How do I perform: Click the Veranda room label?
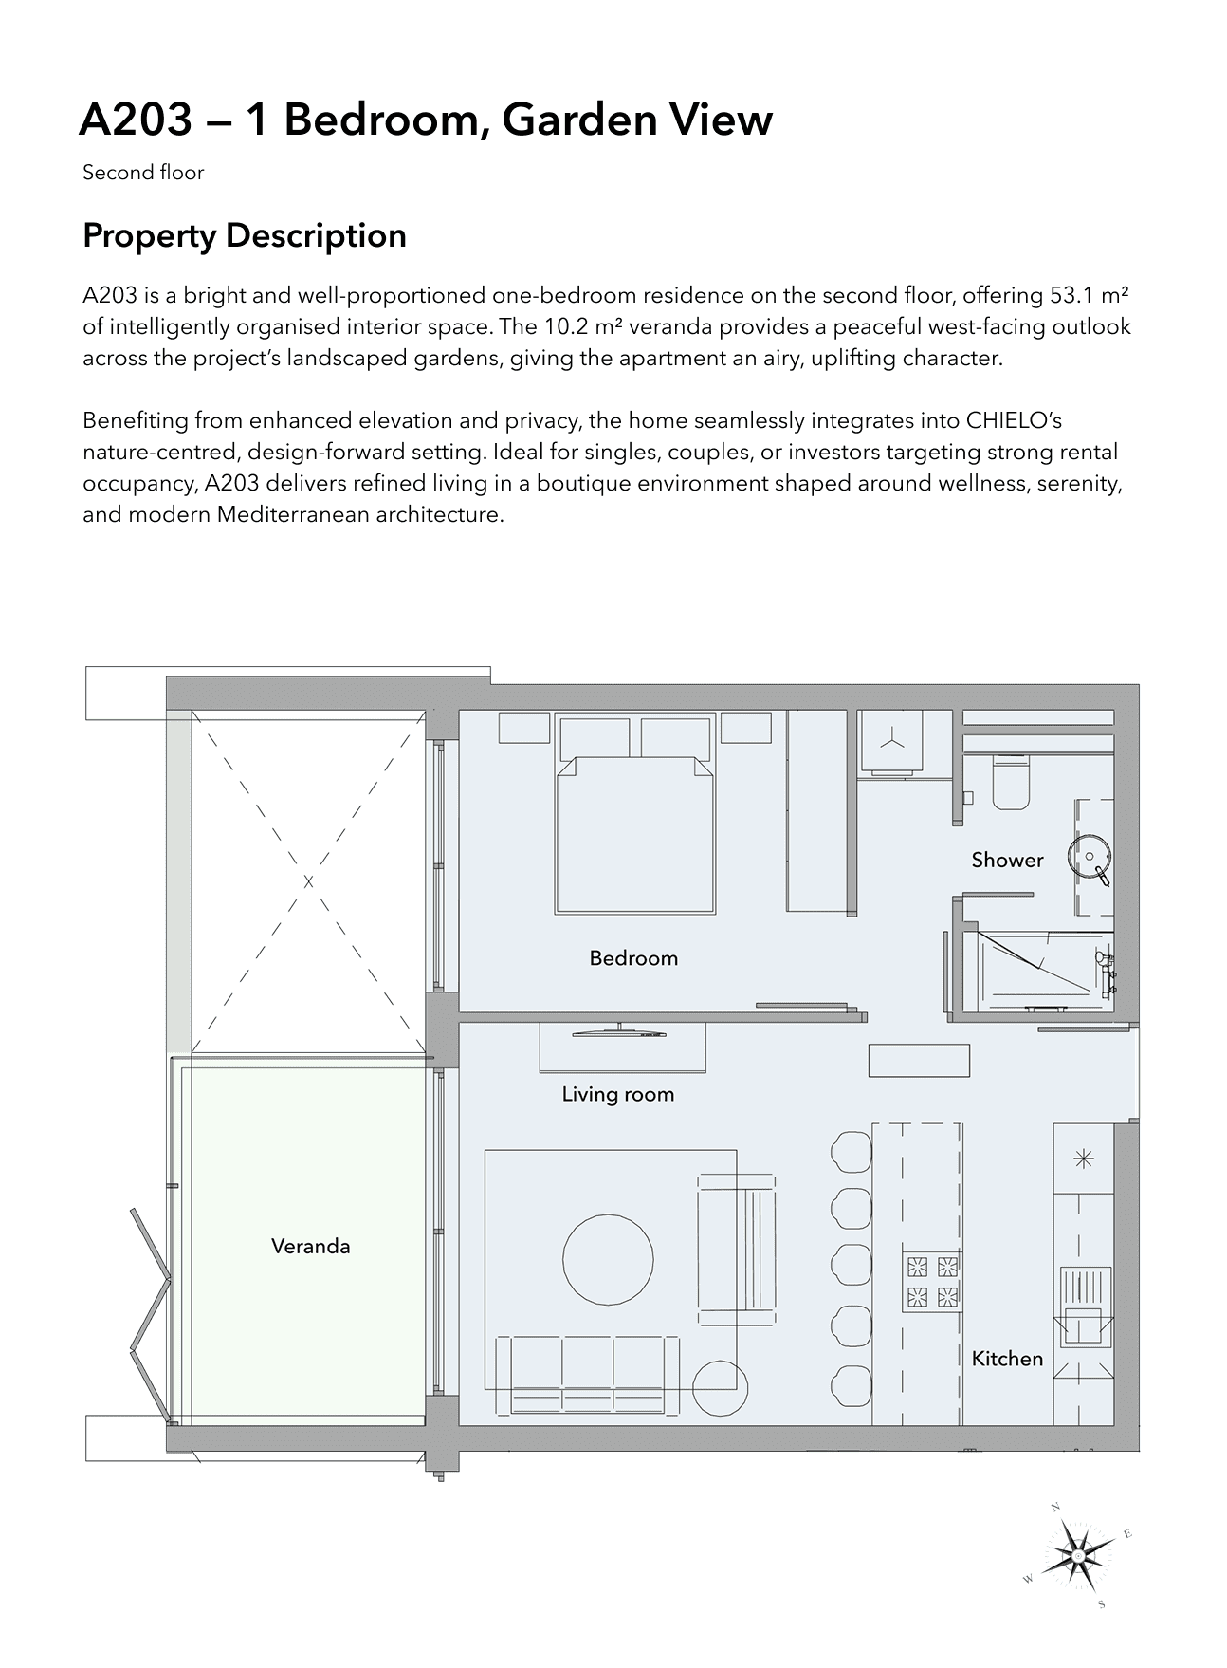coord(310,1246)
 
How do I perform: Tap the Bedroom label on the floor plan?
coord(633,957)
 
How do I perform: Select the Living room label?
coord(617,1094)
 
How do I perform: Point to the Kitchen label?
coord(1007,1358)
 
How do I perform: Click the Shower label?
coord(1007,860)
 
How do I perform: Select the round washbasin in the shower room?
coord(1087,855)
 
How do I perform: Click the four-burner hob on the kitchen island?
coord(932,1280)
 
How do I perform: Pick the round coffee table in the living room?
coord(608,1259)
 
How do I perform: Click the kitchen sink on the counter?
coord(1084,1307)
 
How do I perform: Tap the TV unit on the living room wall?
coord(622,1047)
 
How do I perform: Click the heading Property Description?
coord(245,235)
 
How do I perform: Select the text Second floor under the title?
coord(143,173)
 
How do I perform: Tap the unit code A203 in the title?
coord(136,120)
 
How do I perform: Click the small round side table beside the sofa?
coord(721,1389)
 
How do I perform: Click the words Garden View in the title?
coord(637,120)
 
